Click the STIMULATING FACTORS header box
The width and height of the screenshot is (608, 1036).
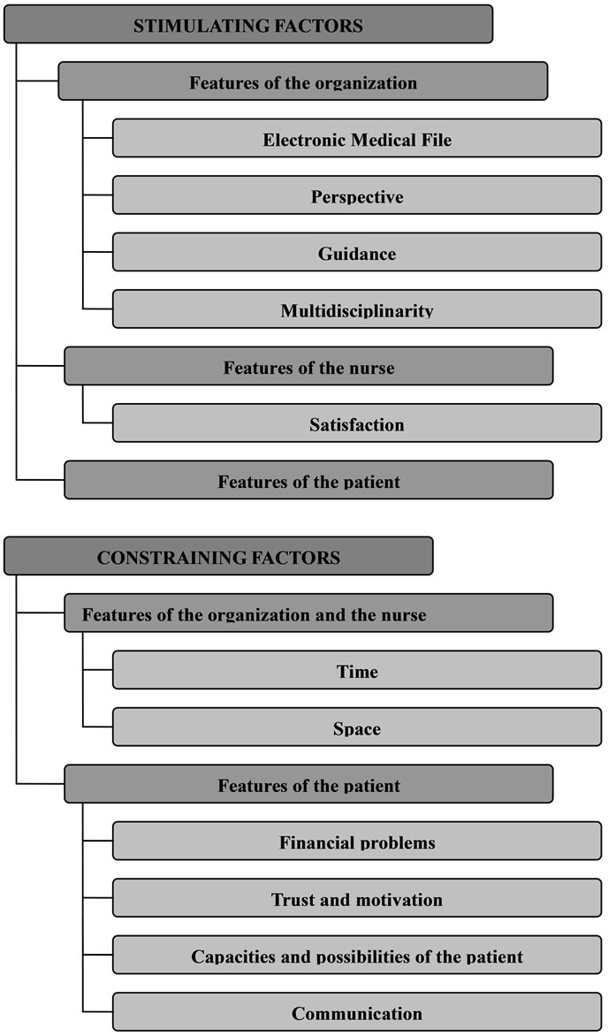[x=248, y=25]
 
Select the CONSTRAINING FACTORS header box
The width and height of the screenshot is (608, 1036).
[x=219, y=556]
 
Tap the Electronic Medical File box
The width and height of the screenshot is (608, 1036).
[x=357, y=138]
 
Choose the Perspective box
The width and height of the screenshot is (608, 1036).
[x=357, y=194]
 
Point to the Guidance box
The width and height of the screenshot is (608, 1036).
[x=357, y=252]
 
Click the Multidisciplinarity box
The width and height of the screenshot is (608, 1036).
[x=357, y=309]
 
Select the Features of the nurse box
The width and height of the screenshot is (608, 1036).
[x=308, y=366]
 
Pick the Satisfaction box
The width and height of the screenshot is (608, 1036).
[x=357, y=423]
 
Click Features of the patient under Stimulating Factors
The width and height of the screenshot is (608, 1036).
[x=308, y=480]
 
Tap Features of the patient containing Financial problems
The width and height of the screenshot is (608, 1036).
[x=308, y=783]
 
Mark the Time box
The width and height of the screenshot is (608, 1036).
[x=357, y=670]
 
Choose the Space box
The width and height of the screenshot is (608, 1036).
[x=357, y=727]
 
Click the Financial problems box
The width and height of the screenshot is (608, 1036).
[x=357, y=842]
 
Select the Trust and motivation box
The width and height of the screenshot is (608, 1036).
[x=357, y=898]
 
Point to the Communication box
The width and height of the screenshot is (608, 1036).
[x=357, y=1011]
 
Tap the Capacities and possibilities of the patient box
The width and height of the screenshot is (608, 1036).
[x=357, y=955]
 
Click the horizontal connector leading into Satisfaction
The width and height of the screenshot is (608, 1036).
[x=98, y=423]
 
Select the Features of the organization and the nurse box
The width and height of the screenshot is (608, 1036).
[x=308, y=613]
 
